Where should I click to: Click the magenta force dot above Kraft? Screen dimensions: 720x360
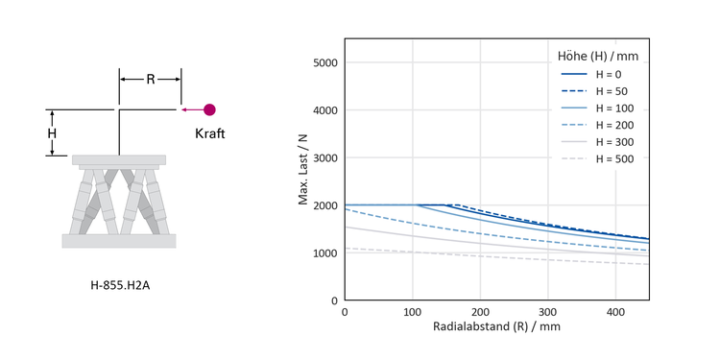[x=209, y=109]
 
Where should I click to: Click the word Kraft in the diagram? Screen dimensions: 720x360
[x=210, y=133]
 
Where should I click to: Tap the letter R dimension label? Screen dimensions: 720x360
[x=151, y=80]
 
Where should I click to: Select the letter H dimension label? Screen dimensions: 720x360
[x=53, y=133]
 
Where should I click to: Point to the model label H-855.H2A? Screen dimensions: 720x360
[x=120, y=286]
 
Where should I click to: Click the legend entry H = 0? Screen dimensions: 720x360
[x=591, y=74]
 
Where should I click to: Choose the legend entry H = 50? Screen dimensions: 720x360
[x=594, y=91]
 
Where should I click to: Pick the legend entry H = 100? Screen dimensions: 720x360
[x=597, y=108]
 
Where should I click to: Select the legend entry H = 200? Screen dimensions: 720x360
[x=597, y=125]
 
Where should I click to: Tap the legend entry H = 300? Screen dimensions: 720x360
[x=597, y=142]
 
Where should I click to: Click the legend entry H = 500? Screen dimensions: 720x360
[x=597, y=159]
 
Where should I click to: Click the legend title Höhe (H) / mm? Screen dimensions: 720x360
[x=598, y=57]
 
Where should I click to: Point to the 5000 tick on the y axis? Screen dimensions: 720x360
[x=324, y=62]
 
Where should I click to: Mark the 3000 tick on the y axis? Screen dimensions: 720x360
[x=324, y=158]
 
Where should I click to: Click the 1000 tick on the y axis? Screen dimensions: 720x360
[x=324, y=253]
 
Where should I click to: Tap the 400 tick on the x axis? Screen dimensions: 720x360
[x=615, y=312]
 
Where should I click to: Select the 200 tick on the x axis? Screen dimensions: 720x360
[x=480, y=312]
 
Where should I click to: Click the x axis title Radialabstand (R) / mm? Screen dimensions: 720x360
[x=496, y=327]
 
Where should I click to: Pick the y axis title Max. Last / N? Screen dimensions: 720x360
[x=303, y=170]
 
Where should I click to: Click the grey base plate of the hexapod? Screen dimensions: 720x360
[x=119, y=241]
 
